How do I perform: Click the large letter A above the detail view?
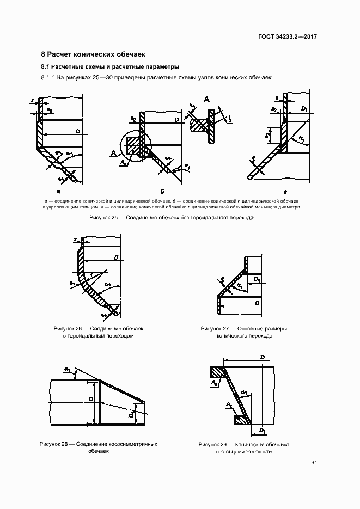[207, 99]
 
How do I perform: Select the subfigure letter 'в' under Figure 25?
[285, 192]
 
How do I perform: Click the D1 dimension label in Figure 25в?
[304, 109]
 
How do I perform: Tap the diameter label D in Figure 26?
[117, 256]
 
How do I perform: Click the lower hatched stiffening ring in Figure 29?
[241, 420]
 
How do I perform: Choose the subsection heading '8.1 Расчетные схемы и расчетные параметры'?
[110, 67]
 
